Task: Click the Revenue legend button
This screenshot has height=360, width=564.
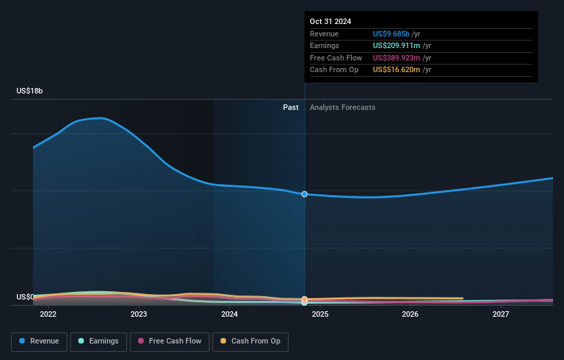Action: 38,341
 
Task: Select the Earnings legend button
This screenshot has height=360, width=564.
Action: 99,341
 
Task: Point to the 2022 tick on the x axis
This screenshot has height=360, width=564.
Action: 48,315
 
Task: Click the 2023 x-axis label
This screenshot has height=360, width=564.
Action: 139,315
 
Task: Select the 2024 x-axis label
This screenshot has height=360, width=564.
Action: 229,315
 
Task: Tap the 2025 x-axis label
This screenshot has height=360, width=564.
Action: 319,315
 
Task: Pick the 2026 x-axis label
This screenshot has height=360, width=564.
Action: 410,315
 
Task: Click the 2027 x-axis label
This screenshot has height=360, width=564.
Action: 501,315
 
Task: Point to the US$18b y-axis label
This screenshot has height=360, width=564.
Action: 30,91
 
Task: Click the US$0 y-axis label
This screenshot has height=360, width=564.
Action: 25,297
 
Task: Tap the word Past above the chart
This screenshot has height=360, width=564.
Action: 291,107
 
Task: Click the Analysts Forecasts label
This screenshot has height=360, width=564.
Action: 343,107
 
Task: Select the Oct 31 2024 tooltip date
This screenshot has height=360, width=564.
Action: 330,21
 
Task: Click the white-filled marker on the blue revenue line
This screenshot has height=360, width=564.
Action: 304,194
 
